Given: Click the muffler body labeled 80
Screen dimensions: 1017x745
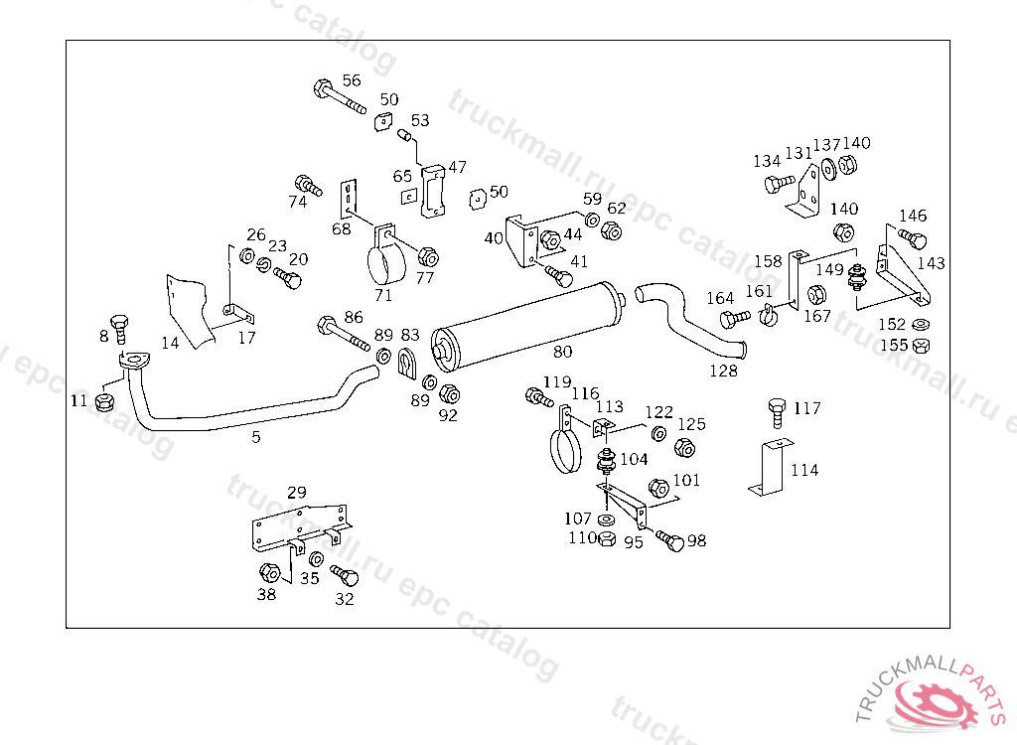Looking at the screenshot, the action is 528,327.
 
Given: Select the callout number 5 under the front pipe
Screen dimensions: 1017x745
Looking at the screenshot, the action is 256,437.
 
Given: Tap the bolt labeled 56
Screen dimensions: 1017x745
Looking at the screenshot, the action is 340,96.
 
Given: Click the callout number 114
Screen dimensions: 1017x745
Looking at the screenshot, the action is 804,470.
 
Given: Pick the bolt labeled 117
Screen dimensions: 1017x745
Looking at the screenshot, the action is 777,413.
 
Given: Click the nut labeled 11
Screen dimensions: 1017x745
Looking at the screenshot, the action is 104,401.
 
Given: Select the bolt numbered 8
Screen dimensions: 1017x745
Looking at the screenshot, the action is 119,329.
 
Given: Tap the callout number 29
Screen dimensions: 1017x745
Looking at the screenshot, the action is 296,492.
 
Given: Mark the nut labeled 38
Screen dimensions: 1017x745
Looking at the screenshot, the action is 269,573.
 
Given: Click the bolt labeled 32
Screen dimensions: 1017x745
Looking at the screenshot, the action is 345,575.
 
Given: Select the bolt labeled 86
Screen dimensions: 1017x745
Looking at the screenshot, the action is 343,333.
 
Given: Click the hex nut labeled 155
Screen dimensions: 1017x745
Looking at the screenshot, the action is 921,346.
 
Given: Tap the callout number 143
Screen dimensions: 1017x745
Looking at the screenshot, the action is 932,263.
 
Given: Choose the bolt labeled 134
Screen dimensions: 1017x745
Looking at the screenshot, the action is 780,185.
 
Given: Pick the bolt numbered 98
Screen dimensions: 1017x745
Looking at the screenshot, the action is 670,540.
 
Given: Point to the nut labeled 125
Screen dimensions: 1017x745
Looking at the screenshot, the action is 685,448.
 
